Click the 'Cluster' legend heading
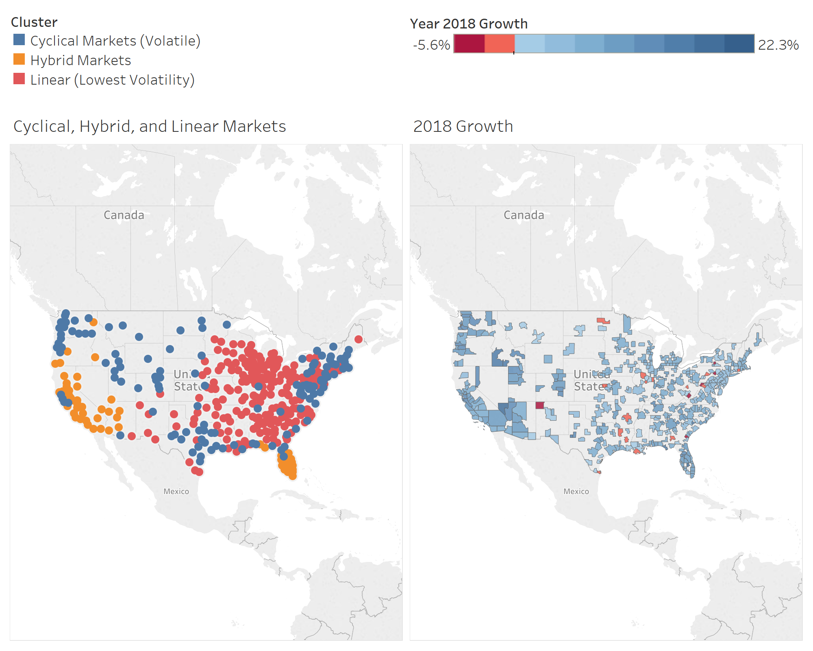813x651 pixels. click(x=34, y=22)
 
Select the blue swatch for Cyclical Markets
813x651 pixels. click(x=19, y=40)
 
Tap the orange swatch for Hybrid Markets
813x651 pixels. click(x=19, y=59)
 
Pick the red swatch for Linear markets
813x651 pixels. click(x=19, y=79)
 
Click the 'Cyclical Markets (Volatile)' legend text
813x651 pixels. click(x=115, y=41)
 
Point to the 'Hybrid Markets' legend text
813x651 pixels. click(x=80, y=61)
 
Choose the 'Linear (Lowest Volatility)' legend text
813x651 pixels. click(x=113, y=80)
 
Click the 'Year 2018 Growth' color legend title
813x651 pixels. click(x=469, y=24)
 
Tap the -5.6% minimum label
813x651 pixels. click(x=431, y=45)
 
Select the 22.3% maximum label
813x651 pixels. click(x=778, y=45)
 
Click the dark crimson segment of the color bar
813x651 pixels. click(x=469, y=44)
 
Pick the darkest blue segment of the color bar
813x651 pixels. click(x=739, y=44)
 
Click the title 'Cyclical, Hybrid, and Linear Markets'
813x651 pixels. click(x=150, y=127)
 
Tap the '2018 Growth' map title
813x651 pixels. click(x=463, y=127)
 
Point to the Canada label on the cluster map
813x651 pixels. click(x=124, y=215)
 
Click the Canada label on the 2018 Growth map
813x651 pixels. click(x=524, y=215)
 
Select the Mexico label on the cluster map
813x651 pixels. click(x=176, y=492)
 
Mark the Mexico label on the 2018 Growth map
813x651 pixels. click(x=576, y=492)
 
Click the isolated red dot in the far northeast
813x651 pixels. click(x=359, y=339)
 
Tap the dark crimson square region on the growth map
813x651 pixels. click(x=540, y=405)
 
